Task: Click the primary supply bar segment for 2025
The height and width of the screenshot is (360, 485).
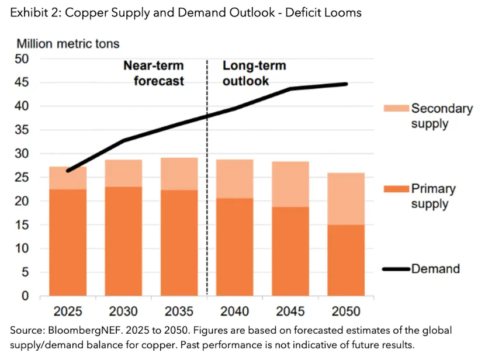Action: coord(68,242)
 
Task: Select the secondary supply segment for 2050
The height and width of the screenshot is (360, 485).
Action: coord(347,199)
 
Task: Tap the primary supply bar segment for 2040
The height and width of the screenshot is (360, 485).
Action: coord(235,247)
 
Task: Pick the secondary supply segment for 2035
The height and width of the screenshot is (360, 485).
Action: coord(179,174)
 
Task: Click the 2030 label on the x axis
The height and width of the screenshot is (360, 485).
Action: coord(123,311)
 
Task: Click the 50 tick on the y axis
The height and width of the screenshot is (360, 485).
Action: coord(22,59)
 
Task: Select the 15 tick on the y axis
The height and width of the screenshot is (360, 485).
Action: coord(22,225)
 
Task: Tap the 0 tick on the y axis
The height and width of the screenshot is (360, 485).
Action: coord(26,296)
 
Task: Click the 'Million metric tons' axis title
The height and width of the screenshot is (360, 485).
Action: coord(68,43)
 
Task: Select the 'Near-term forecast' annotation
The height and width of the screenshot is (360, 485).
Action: coord(153,73)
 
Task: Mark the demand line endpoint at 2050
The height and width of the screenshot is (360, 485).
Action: coord(347,84)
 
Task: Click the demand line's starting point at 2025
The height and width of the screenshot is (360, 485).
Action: coord(68,171)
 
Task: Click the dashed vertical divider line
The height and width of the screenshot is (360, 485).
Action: coord(207,175)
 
